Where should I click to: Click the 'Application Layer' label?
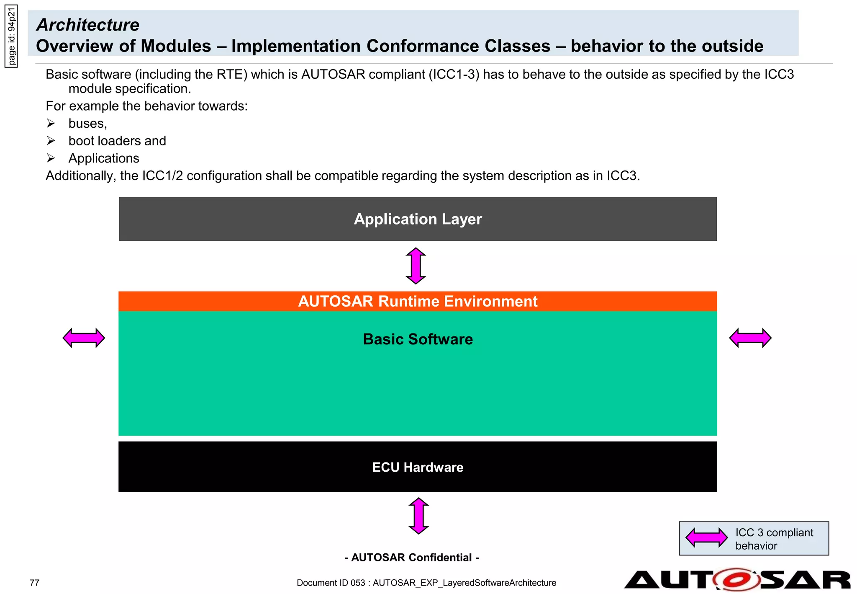(418, 219)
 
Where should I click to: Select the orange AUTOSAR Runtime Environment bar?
(418, 301)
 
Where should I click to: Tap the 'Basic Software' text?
(418, 339)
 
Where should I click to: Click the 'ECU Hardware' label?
(418, 467)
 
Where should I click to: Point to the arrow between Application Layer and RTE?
(416, 266)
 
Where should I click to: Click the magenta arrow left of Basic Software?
(84, 338)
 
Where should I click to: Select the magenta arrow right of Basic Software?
(750, 338)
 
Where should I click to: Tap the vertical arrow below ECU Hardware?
(418, 516)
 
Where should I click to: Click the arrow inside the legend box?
(706, 537)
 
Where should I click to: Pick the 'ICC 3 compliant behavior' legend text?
(774, 539)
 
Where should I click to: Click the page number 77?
(35, 583)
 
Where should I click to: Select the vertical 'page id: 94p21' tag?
(11, 36)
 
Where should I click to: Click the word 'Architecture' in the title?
(88, 25)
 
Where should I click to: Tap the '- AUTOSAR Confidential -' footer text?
(412, 558)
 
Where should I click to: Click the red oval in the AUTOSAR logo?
(736, 580)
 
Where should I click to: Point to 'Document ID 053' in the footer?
(331, 583)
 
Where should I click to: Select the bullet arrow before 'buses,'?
(51, 123)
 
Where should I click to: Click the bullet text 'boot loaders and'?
(117, 141)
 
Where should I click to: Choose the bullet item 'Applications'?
(104, 158)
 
